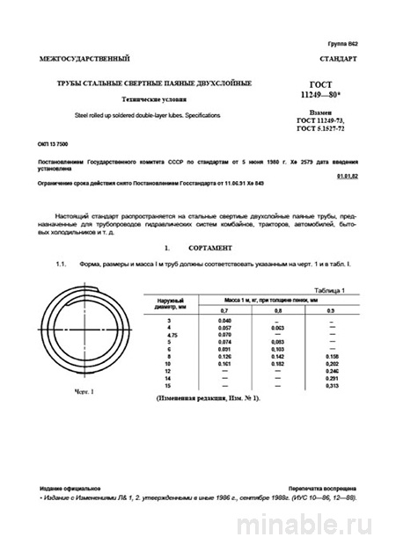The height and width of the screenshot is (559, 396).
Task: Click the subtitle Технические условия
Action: coord(155,99)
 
